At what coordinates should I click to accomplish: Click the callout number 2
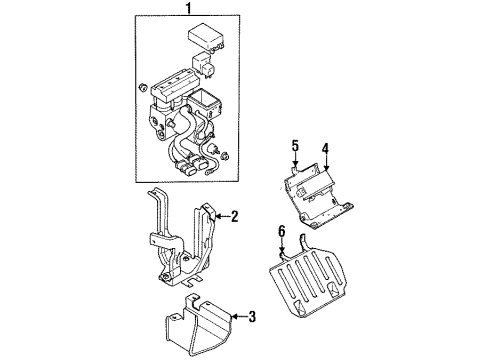(x=234, y=215)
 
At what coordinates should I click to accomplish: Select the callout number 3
(x=251, y=319)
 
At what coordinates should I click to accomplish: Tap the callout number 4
(x=325, y=153)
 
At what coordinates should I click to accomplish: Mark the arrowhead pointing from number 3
(x=236, y=319)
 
